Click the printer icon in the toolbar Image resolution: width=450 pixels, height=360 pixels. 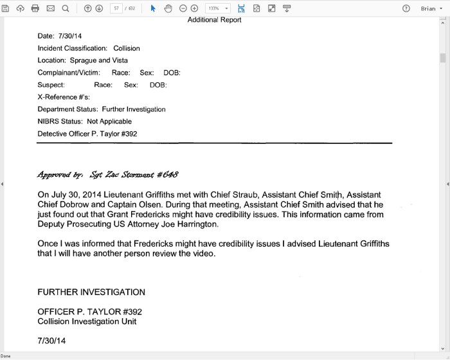pyautogui.click(x=35, y=8)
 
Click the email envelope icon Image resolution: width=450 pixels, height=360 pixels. pyautogui.click(x=51, y=8)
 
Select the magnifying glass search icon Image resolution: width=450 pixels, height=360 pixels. pyautogui.click(x=66, y=8)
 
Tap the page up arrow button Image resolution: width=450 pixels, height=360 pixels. pyautogui.click(x=88, y=8)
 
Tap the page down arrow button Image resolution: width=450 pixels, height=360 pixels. pyautogui.click(x=99, y=8)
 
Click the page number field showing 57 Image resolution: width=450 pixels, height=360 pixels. pyautogui.click(x=117, y=8)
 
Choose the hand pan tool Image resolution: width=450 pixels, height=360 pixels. pyautogui.click(x=168, y=8)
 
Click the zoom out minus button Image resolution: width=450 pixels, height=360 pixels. pyautogui.click(x=183, y=8)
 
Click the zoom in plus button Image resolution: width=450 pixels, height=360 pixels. pyautogui.click(x=194, y=8)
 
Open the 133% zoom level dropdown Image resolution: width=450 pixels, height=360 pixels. pyautogui.click(x=218, y=8)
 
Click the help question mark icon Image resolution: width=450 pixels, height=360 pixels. pyautogui.click(x=406, y=8)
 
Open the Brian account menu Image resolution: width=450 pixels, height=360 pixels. pyautogui.click(x=431, y=8)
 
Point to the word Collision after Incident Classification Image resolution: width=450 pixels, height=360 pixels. pyautogui.click(x=127, y=48)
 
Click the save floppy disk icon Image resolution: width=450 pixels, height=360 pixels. pyautogui.click(x=6, y=8)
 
